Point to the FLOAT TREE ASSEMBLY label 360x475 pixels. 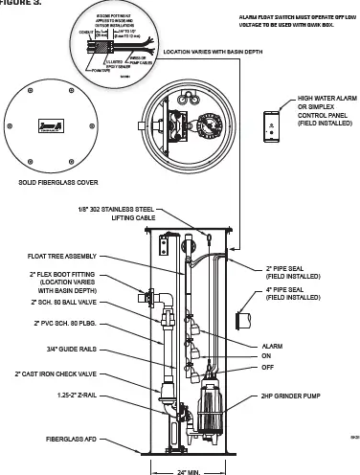click(x=67, y=256)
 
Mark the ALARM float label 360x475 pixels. click(x=273, y=346)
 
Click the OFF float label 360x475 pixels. click(x=268, y=366)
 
